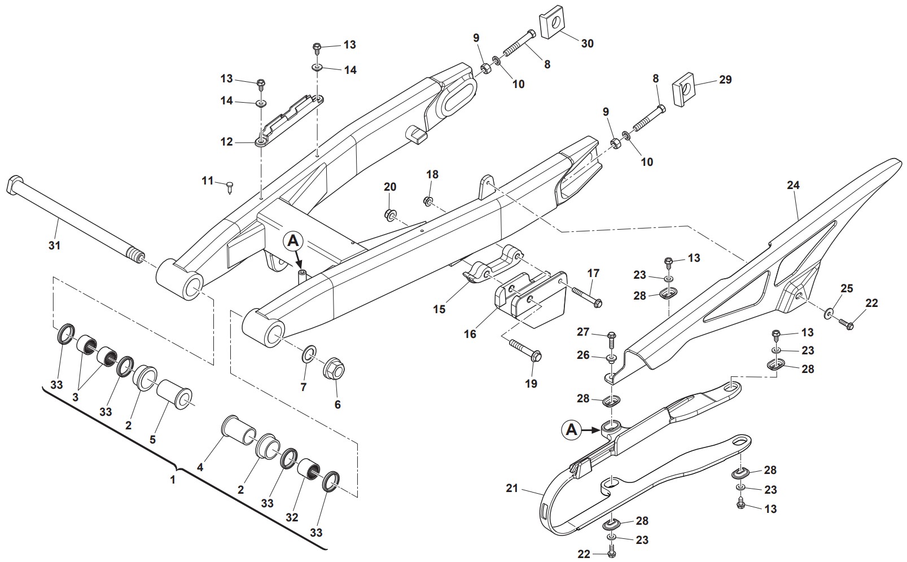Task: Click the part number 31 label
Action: pos(54,245)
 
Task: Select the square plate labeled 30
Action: pos(554,24)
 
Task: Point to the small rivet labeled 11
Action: pos(230,185)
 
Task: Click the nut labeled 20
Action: pos(389,214)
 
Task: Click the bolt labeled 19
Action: pos(525,350)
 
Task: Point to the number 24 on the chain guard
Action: pos(794,185)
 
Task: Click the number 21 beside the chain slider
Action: pos(511,489)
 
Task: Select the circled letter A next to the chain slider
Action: pos(572,430)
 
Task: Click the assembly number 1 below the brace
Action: pos(173,480)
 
